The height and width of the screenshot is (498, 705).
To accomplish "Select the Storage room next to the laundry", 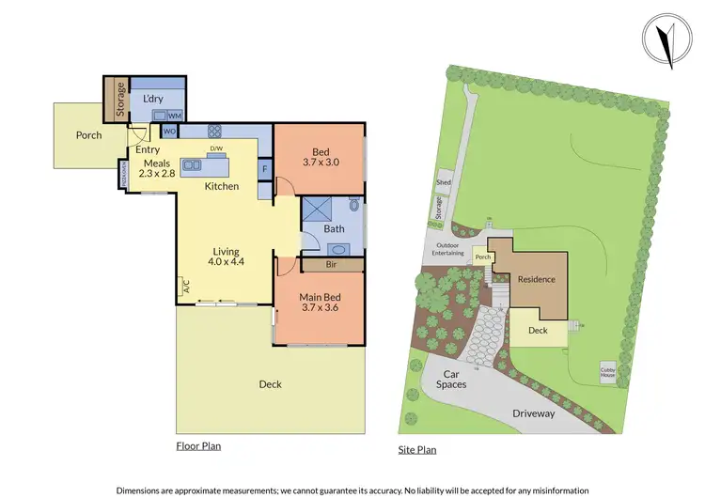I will pyautogui.click(x=120, y=100).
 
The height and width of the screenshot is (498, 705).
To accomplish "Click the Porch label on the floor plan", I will pyautogui.click(x=89, y=135).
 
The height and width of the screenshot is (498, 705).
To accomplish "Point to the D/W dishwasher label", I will pyautogui.click(x=215, y=148).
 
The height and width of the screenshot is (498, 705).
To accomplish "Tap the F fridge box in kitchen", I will pyautogui.click(x=265, y=169).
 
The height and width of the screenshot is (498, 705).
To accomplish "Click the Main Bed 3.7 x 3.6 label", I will pyautogui.click(x=318, y=301).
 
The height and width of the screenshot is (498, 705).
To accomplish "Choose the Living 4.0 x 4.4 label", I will pyautogui.click(x=227, y=257).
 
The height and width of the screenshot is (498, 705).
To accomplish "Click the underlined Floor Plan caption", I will pyautogui.click(x=198, y=445).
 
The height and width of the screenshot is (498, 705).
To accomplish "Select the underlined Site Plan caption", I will pyautogui.click(x=417, y=450).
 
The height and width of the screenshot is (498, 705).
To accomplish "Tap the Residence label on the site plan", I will pyautogui.click(x=537, y=279).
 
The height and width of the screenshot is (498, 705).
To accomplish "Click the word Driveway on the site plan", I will pyautogui.click(x=533, y=413).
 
